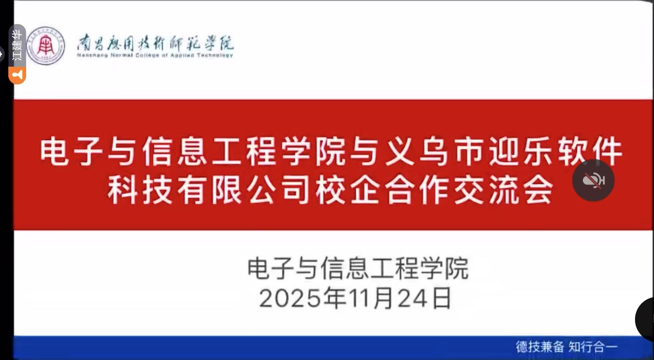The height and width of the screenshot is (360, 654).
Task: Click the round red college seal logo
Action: [46, 46]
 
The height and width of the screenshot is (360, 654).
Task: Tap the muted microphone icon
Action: [593, 181]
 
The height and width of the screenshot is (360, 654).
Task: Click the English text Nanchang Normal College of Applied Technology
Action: [155, 55]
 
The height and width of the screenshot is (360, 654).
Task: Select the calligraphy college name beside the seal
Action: [156, 43]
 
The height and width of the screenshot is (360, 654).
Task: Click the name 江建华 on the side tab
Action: [17, 45]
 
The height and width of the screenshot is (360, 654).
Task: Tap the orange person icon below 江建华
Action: [17, 75]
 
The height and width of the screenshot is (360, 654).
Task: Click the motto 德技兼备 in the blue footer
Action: [540, 347]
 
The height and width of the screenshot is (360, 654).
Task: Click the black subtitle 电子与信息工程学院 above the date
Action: [358, 268]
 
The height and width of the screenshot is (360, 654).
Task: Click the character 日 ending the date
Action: [441, 298]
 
